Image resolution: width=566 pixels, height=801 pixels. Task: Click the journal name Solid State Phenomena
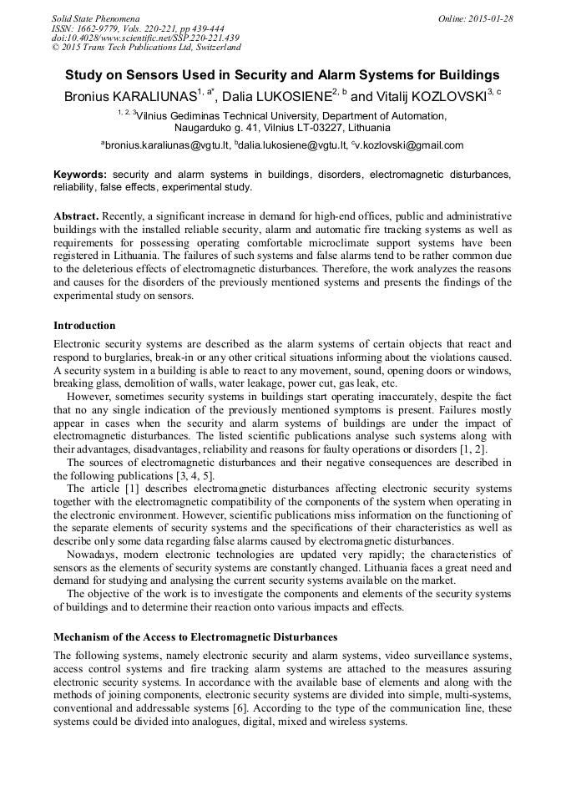[x=95, y=18]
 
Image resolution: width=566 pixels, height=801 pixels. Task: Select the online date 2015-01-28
[x=491, y=18]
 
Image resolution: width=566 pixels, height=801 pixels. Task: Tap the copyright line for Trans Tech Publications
[x=146, y=48]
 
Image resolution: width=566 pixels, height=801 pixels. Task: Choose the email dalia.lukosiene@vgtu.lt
[x=292, y=145]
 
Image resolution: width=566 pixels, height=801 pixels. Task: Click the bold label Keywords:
[x=80, y=175]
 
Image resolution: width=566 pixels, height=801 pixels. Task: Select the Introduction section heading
[x=84, y=325]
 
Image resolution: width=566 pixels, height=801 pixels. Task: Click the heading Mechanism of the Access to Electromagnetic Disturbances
[x=195, y=637]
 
